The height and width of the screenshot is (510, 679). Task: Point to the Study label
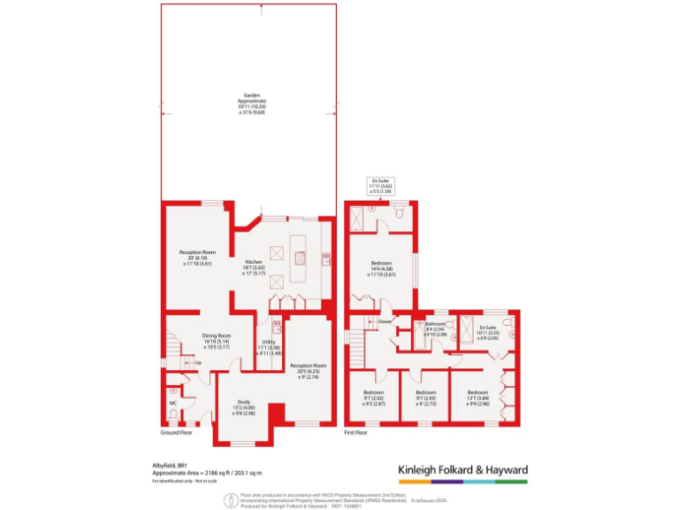(244, 407)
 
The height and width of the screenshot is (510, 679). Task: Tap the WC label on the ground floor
(173, 403)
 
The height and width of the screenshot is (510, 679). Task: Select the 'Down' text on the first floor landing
(385, 321)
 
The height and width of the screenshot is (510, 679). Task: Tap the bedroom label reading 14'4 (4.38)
(382, 268)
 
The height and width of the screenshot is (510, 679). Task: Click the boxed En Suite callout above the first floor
(381, 185)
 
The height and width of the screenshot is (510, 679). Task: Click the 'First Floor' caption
(362, 434)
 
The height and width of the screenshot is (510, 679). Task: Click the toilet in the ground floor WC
(173, 390)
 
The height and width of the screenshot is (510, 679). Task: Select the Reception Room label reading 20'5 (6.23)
(309, 368)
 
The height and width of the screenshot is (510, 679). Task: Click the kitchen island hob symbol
(301, 259)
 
